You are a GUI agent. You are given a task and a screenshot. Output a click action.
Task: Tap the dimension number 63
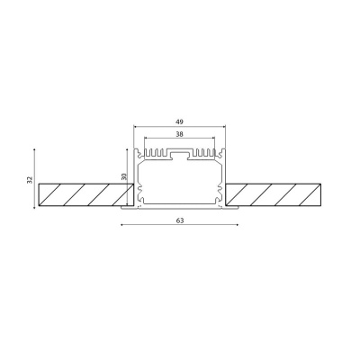(180, 220)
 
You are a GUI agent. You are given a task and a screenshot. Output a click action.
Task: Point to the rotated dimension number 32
(30, 180)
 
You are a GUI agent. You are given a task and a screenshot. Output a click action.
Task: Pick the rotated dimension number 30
(124, 178)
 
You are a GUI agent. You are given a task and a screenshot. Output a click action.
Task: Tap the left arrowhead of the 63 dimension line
(121, 226)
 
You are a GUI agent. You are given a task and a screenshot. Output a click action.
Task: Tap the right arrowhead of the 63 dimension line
(238, 226)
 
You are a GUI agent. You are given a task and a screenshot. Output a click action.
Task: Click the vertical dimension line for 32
(36, 180)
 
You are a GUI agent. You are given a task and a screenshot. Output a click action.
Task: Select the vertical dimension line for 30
(130, 178)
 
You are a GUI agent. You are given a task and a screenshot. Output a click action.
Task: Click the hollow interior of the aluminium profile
(180, 184)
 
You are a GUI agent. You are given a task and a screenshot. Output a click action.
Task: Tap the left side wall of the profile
(137, 180)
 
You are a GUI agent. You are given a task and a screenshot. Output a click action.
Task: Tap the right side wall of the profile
(223, 180)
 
